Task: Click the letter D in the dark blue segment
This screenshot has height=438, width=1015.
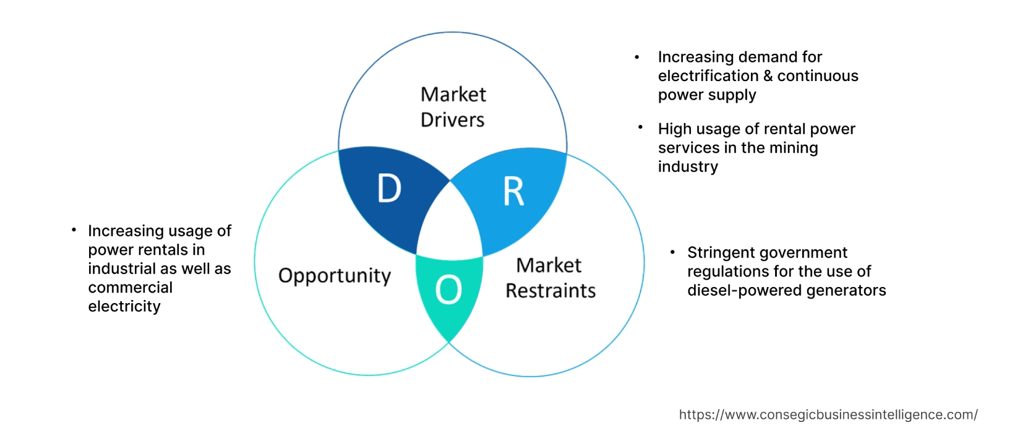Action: pos(389,188)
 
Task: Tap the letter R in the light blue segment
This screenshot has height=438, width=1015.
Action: pos(513,191)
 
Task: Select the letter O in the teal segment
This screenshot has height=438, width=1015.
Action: pos(448,290)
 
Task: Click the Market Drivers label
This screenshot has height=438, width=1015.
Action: pos(453,107)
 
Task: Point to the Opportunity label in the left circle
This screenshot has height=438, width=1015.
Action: pos(335,276)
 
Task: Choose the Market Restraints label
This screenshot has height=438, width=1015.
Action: pos(550,278)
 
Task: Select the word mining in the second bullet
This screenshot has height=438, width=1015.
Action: pos(793,148)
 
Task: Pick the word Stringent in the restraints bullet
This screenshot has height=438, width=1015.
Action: pos(718,253)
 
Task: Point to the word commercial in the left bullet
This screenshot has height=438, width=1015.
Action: pos(130,288)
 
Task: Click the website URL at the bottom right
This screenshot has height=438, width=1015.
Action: pos(828,414)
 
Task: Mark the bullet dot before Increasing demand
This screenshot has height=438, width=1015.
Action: pos(637,58)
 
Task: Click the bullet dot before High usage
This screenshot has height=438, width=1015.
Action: pos(640,127)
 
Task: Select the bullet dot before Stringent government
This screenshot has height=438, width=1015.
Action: pos(672,252)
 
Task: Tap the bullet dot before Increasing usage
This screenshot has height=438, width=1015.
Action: pos(74,230)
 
